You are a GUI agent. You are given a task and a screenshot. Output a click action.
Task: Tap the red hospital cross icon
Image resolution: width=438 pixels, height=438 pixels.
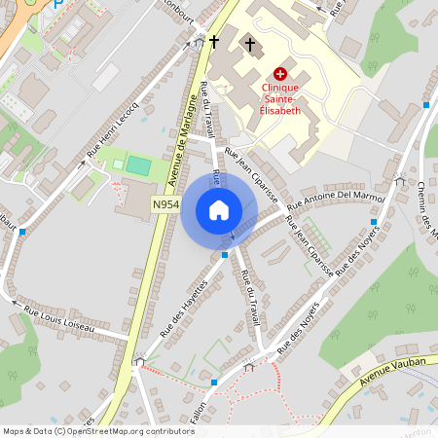coord(281,73)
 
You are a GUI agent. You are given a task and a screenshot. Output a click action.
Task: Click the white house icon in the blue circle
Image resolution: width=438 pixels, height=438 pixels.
coord(218,210)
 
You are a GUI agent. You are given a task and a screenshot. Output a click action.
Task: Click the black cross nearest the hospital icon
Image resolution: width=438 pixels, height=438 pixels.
coord(250,45)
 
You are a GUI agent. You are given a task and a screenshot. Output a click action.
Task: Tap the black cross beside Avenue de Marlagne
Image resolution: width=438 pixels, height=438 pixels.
coord(213,42)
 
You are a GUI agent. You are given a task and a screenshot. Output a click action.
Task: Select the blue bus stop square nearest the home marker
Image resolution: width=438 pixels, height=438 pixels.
coord(225,255)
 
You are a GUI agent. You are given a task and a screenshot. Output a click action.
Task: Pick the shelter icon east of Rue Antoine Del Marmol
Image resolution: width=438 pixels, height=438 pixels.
coord(400,179)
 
